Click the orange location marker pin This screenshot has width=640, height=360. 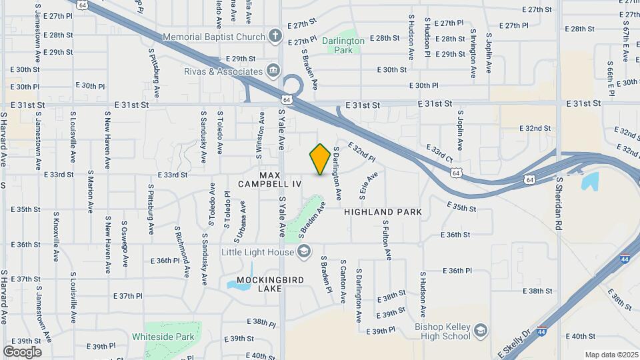point(320,159)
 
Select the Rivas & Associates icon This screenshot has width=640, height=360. point(273,71)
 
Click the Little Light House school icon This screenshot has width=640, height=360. point(304,251)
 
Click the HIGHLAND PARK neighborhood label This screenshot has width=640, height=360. point(383,212)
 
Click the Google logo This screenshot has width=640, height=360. point(22,351)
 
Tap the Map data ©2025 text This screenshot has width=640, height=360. point(611,355)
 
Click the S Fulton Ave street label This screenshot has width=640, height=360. point(386,242)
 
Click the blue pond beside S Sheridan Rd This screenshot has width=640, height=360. point(590,181)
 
